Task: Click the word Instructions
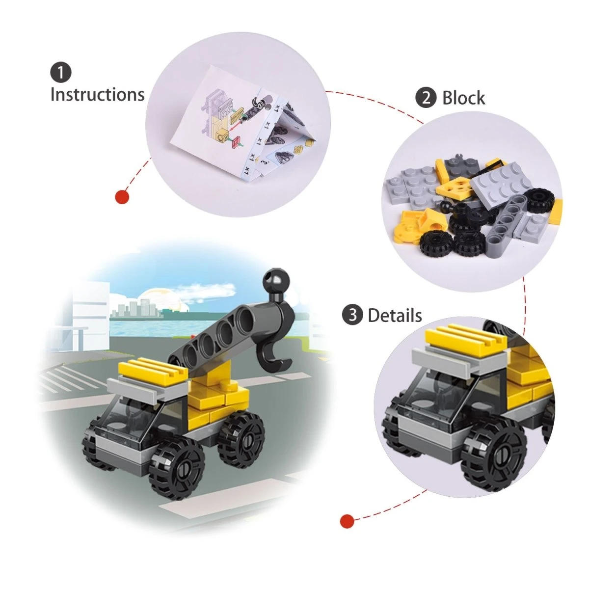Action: [x=97, y=94]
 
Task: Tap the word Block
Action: [x=463, y=98]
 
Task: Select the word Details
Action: [x=395, y=316]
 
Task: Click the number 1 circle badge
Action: [x=61, y=73]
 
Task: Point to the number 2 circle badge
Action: [x=426, y=98]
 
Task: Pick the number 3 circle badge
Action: [x=352, y=315]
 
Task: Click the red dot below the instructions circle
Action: [x=122, y=197]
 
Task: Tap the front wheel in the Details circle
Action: [x=493, y=459]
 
